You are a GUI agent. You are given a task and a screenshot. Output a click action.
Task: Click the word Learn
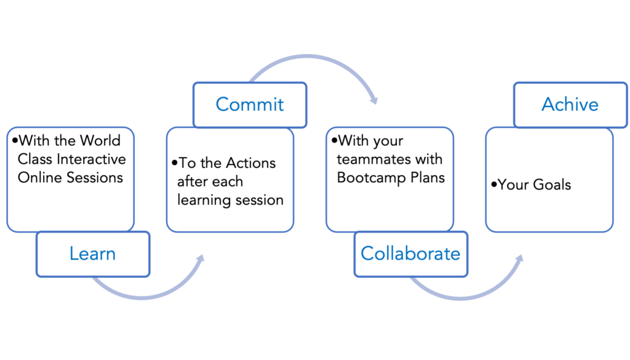92,254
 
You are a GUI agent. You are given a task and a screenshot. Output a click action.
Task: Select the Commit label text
250,105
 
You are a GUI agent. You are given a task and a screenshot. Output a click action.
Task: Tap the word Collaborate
410,253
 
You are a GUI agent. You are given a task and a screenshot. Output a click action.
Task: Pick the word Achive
570,105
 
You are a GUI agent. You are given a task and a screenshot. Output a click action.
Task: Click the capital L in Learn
73,254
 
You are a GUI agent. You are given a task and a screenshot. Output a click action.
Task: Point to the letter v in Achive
580,106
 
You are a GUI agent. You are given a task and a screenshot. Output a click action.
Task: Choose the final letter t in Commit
281,105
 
